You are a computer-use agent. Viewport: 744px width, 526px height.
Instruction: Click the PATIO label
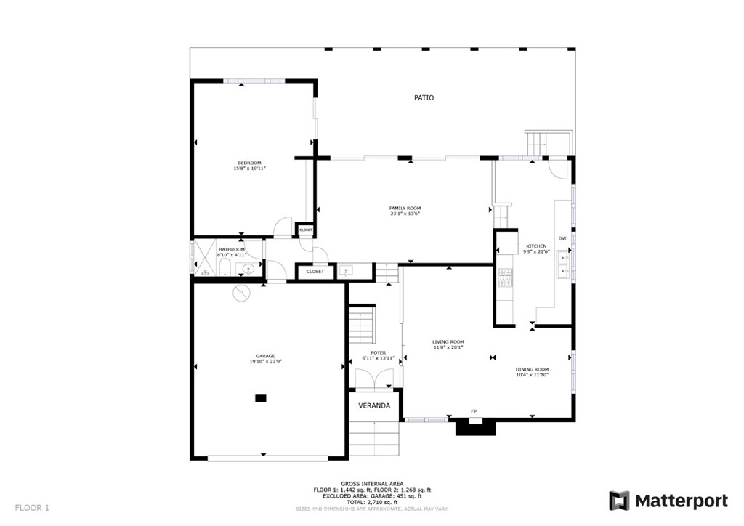coord(424,97)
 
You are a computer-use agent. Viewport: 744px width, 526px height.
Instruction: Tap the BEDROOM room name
coord(249,163)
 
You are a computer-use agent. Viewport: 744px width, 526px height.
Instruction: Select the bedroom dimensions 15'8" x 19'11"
coord(249,169)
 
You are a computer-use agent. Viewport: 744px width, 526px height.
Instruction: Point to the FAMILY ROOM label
coord(405,209)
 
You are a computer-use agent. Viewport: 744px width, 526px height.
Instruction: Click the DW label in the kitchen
coord(562,239)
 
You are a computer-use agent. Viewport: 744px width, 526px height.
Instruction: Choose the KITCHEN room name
coord(537,246)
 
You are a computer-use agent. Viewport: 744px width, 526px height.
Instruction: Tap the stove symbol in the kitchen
coord(505,278)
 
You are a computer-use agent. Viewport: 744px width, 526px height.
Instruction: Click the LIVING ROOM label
coord(448,341)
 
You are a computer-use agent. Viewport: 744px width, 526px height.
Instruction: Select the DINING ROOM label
coord(532,369)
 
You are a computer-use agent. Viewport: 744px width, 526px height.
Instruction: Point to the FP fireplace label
coord(474,412)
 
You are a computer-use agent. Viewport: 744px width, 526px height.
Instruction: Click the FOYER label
coord(379,352)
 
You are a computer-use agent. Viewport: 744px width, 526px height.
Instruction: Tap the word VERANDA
coord(374,405)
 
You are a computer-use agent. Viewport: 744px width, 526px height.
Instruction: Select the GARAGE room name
coord(265,355)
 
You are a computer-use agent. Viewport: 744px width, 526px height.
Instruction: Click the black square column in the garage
coord(260,398)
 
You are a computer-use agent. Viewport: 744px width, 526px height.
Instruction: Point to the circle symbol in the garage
coord(240,292)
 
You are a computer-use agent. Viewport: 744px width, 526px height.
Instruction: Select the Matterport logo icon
coord(619,501)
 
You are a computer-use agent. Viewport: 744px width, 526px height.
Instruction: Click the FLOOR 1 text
coord(32,508)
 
